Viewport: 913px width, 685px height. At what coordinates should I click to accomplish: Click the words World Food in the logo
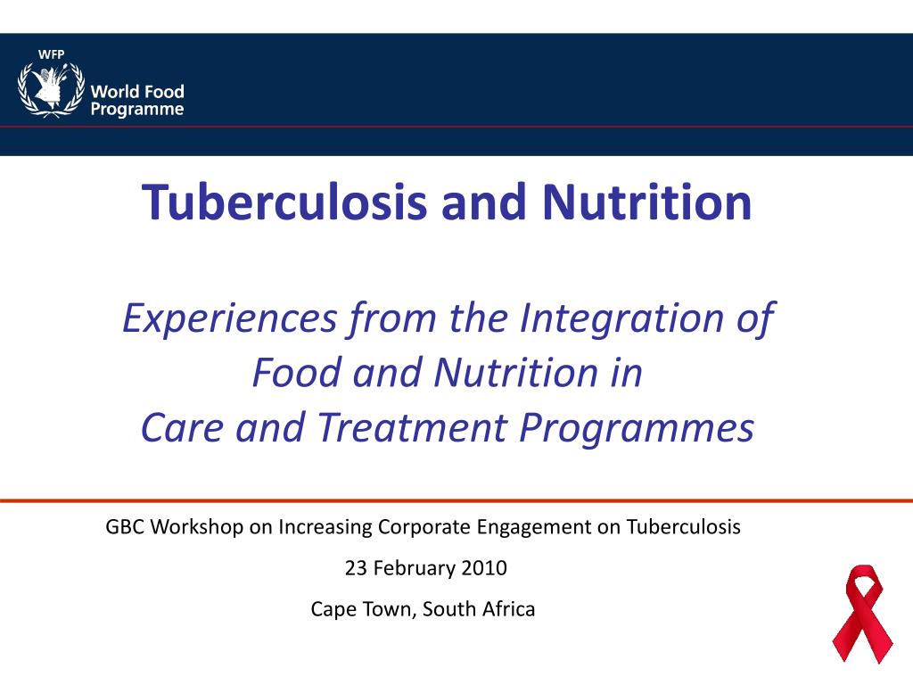(137, 92)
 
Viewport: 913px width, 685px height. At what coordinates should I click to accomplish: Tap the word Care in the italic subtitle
(175, 429)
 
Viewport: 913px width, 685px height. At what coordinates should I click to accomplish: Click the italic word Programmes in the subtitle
(637, 429)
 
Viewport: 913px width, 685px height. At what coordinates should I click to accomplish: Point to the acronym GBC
(126, 526)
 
